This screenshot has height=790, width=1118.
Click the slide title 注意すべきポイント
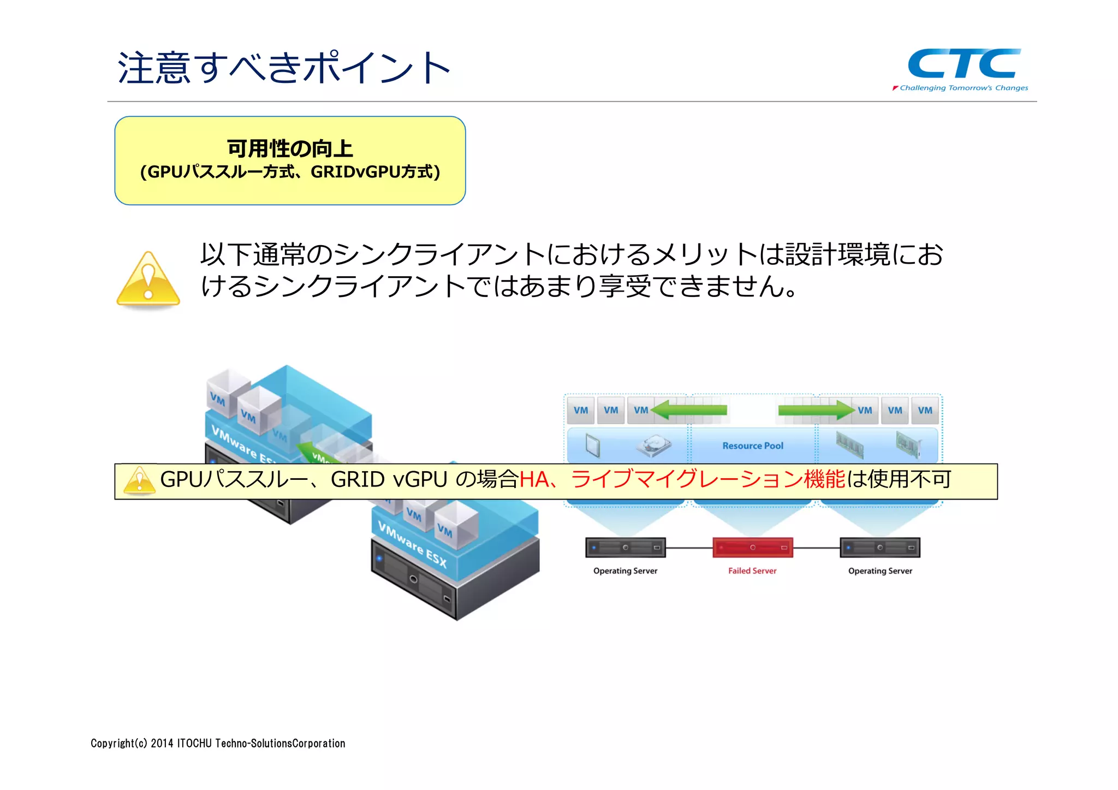click(284, 68)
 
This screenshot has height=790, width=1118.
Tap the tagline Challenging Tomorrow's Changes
click(963, 88)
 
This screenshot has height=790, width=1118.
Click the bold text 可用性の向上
click(290, 148)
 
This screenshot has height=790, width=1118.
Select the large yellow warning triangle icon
click(148, 279)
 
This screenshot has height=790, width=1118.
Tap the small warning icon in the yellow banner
click(139, 480)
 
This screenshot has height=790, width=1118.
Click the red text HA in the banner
click(533, 479)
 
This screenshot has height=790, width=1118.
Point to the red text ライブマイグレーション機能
click(707, 479)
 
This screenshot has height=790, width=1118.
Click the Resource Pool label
click(752, 446)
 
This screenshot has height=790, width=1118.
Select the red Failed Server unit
click(752, 547)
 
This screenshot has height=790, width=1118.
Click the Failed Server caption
click(752, 571)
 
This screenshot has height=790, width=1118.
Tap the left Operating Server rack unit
click(625, 547)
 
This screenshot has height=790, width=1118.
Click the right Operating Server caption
click(879, 571)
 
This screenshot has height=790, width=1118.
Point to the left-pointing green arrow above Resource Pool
click(689, 409)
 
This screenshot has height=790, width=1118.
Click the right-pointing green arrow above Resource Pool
click(816, 409)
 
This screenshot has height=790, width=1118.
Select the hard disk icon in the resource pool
click(653, 446)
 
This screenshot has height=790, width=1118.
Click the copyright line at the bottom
click(218, 743)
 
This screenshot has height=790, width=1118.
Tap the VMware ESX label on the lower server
click(412, 544)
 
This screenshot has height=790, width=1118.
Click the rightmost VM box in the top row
click(925, 410)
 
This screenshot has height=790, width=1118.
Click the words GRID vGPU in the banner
click(389, 479)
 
